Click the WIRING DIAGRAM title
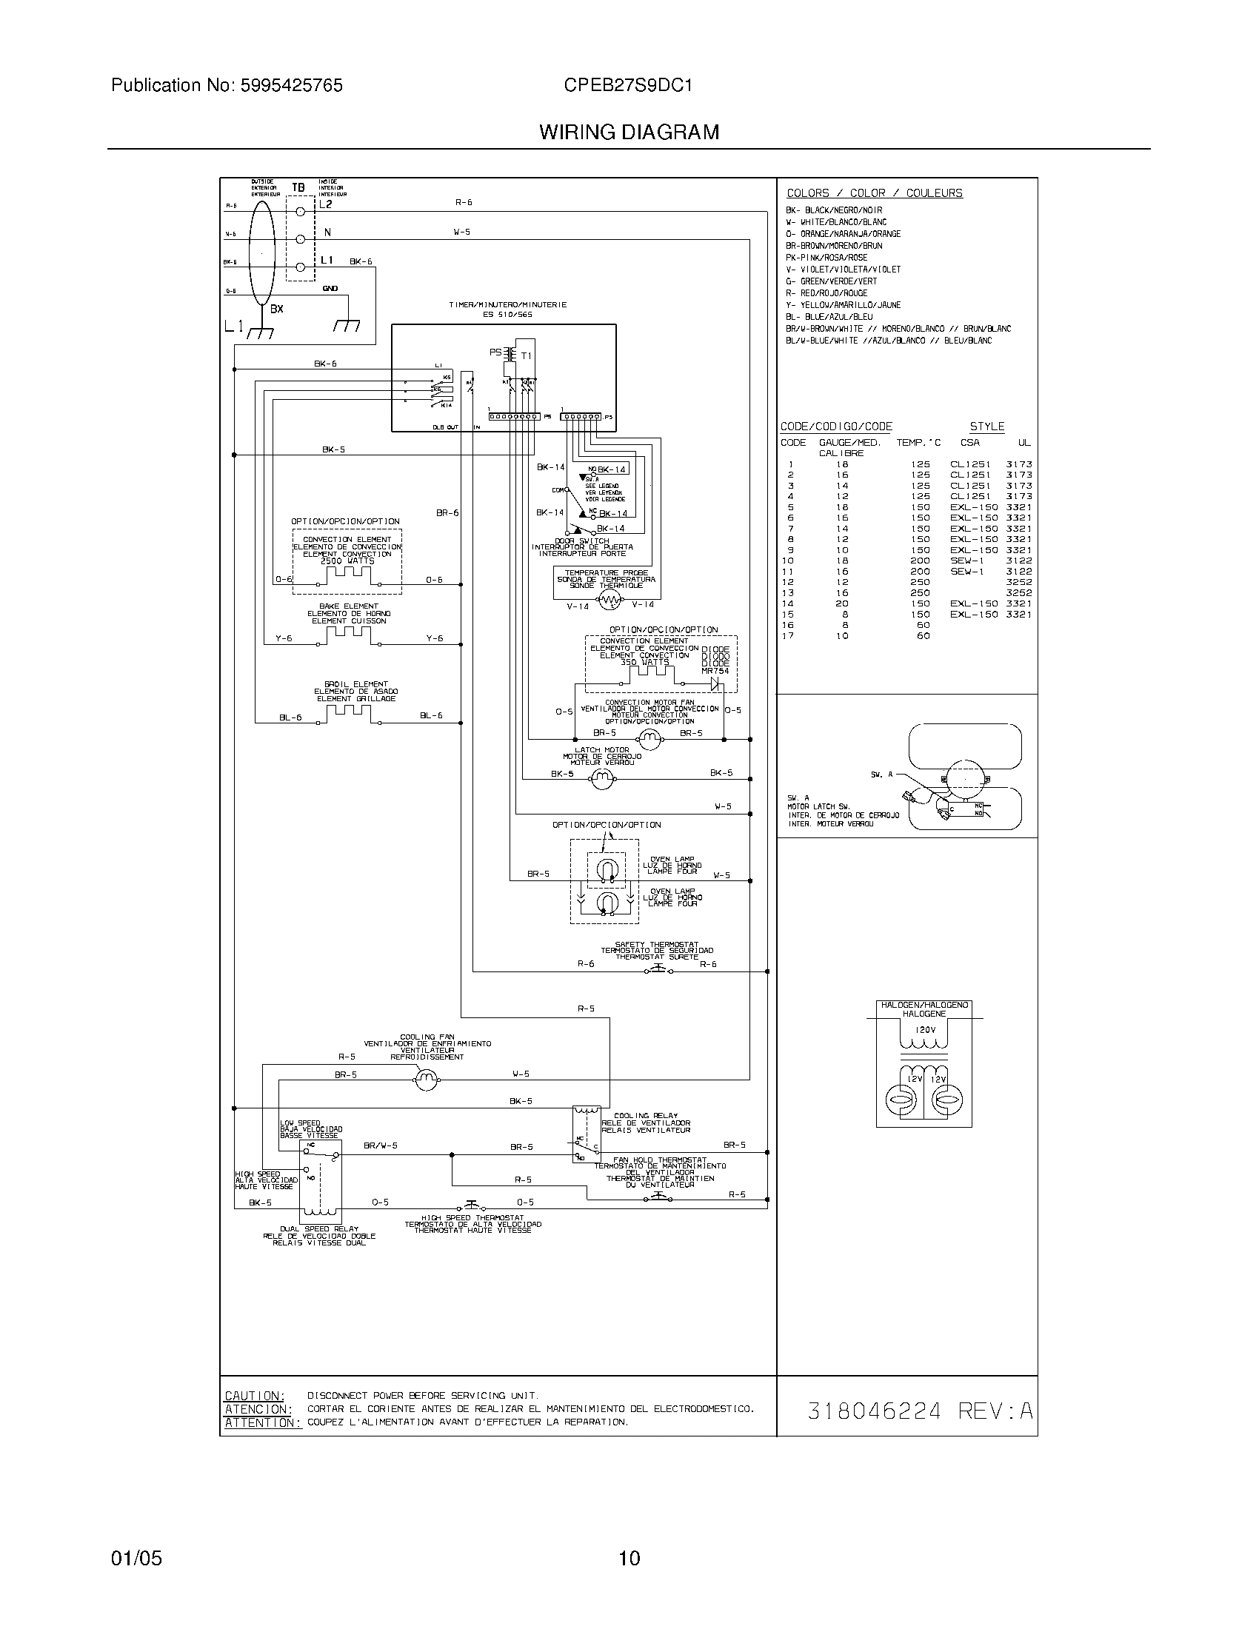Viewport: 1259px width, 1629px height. pos(629,132)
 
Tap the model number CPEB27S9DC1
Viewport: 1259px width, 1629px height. pos(628,86)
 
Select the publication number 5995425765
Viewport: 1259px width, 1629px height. pos(291,86)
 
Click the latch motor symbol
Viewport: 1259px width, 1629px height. pos(601,780)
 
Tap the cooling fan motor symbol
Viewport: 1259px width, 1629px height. pos(427,1080)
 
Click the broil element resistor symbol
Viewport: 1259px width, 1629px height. pos(348,712)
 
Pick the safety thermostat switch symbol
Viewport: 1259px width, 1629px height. pos(658,970)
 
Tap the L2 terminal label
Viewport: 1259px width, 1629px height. pos(326,204)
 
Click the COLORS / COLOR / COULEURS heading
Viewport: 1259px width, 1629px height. pos(874,193)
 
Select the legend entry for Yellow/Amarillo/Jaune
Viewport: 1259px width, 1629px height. pos(843,305)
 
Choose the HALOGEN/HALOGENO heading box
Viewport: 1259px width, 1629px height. pos(924,1009)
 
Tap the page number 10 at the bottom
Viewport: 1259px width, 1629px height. pos(629,1557)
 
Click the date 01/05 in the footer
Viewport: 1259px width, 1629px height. pos(136,1557)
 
